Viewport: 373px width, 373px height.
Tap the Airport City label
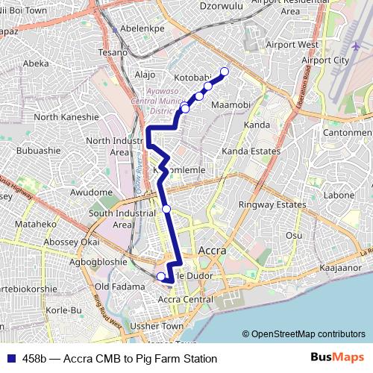325,60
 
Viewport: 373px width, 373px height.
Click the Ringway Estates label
267,204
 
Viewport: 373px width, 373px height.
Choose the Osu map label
294,235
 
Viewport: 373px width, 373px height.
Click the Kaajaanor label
339,267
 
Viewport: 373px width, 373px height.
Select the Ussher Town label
157,327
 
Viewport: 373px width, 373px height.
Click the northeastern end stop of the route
224,72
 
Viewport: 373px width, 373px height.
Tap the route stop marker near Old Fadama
160,276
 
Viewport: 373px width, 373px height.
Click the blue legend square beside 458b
10,359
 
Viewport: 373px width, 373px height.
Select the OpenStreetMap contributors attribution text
304,334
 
